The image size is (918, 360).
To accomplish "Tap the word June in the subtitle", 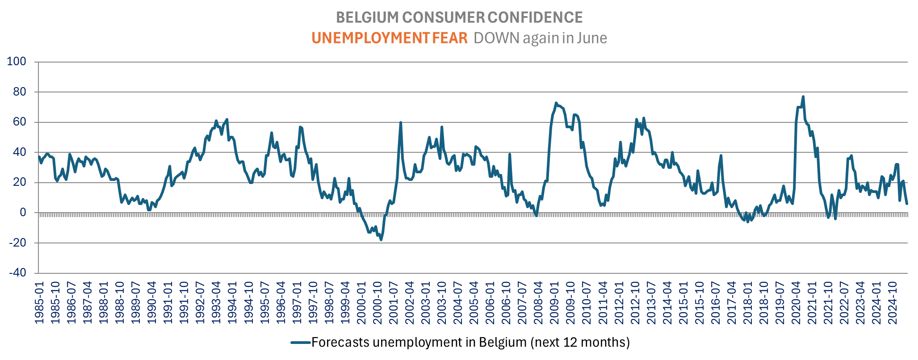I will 591,38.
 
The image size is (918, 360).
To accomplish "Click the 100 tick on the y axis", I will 17,62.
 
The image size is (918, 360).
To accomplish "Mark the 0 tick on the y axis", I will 23,213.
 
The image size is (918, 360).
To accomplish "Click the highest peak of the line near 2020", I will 803,96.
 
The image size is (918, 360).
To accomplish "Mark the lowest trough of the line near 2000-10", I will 381,240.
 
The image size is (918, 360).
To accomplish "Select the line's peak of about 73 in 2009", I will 556,103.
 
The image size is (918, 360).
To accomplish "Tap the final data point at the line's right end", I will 907,204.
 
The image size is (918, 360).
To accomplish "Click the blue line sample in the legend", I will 301,343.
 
